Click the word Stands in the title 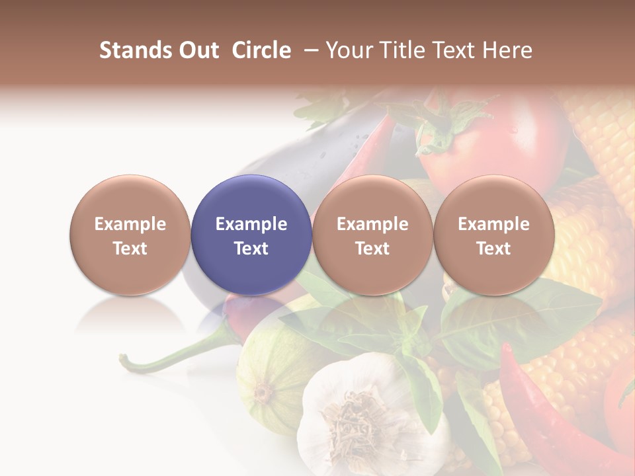tap(131, 50)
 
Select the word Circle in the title tap(261, 50)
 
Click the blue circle tap(251, 235)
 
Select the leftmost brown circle tap(130, 235)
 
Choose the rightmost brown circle tap(494, 235)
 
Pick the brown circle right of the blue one tap(372, 235)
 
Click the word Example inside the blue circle tap(251, 224)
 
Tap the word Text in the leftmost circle tap(130, 249)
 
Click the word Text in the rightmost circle tap(494, 249)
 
